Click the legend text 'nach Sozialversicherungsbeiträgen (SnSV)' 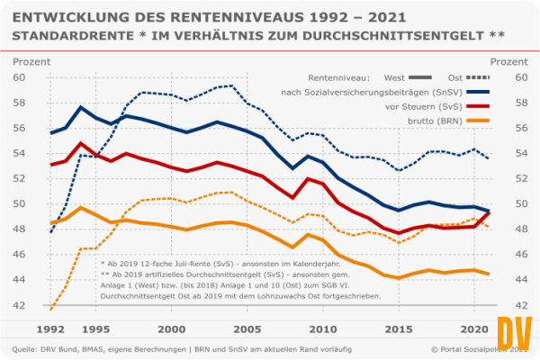(355, 92)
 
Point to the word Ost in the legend (456, 77)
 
